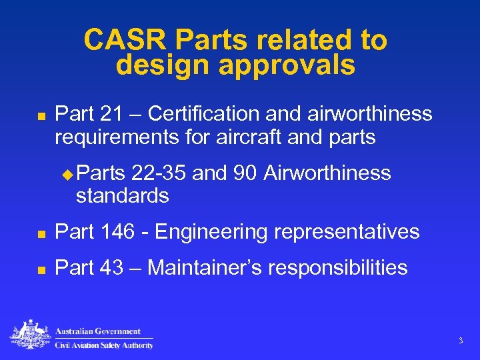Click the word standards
(123, 196)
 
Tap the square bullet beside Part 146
(40, 233)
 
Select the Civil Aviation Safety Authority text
(104, 344)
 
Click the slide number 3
(460, 341)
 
